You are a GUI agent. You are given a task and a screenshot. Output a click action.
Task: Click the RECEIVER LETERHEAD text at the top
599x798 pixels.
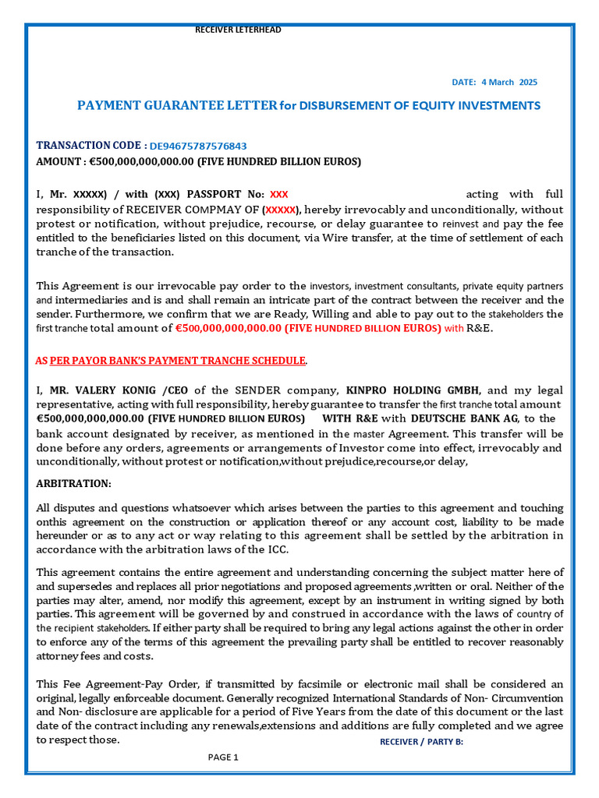point(238,30)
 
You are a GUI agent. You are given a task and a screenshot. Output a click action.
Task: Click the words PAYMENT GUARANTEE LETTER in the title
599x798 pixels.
point(176,105)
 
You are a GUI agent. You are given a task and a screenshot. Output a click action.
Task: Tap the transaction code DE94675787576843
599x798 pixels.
point(198,146)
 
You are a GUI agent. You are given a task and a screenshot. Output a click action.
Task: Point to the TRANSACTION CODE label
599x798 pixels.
point(90,145)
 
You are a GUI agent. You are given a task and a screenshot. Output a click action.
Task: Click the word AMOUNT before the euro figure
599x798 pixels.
point(58,161)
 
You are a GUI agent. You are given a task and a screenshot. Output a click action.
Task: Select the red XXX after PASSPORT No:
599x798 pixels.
point(278,194)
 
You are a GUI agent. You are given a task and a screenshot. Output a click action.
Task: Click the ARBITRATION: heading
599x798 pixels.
point(74,483)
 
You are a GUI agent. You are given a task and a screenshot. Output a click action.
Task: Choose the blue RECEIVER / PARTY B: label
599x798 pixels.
point(421,741)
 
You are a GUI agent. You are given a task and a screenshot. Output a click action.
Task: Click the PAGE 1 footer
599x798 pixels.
point(223,757)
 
